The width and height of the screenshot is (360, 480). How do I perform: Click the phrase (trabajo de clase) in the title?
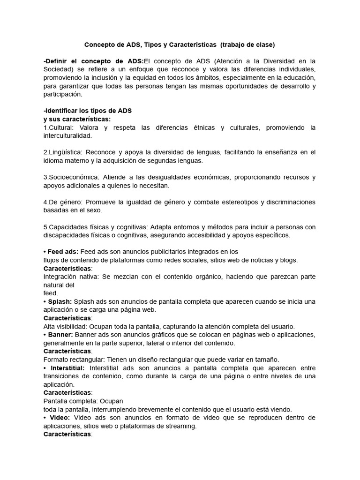pos(247,45)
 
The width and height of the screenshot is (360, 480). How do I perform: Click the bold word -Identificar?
pos(62,111)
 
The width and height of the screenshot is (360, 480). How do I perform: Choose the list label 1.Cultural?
pos(59,127)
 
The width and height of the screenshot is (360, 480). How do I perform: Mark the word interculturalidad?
pos(67,135)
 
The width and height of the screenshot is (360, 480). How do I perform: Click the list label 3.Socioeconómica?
pos(72,177)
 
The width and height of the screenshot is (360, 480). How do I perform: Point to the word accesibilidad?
pos(206,235)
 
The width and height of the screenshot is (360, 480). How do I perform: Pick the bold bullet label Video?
pos(59,418)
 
